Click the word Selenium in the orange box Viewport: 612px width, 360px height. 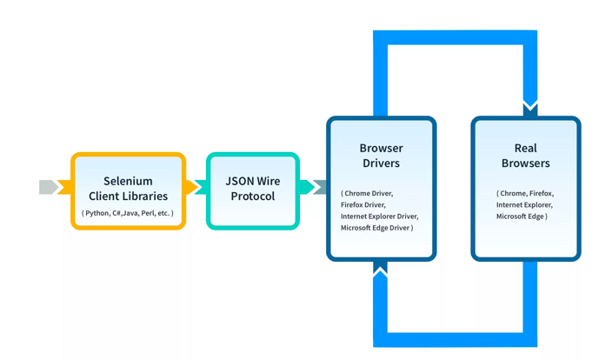pos(128,181)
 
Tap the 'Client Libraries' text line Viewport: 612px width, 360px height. pos(128,196)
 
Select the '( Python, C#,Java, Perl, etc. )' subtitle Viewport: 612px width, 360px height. pos(128,213)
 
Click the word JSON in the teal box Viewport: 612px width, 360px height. pos(239,181)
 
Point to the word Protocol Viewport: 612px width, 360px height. pos(253,197)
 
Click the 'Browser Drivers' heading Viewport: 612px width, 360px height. pos(381,156)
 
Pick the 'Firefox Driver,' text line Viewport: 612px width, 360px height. pos(363,205)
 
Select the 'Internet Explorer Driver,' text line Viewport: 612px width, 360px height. pos(379,217)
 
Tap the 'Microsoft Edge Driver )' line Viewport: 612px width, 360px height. pos(376,228)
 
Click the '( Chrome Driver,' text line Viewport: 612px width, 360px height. pos(367,194)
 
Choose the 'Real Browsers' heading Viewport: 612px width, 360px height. pos(525,156)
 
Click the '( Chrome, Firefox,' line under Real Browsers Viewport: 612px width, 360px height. pos(525,194)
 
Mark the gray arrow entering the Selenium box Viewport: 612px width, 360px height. pos(50,187)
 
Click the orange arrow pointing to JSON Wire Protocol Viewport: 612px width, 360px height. pos(193,188)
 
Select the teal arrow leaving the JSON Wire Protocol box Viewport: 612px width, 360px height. pos(307,187)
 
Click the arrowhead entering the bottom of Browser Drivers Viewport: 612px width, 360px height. pos(381,269)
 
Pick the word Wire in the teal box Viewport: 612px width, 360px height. pos(269,181)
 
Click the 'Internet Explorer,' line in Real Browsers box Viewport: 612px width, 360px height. pos(524,205)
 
